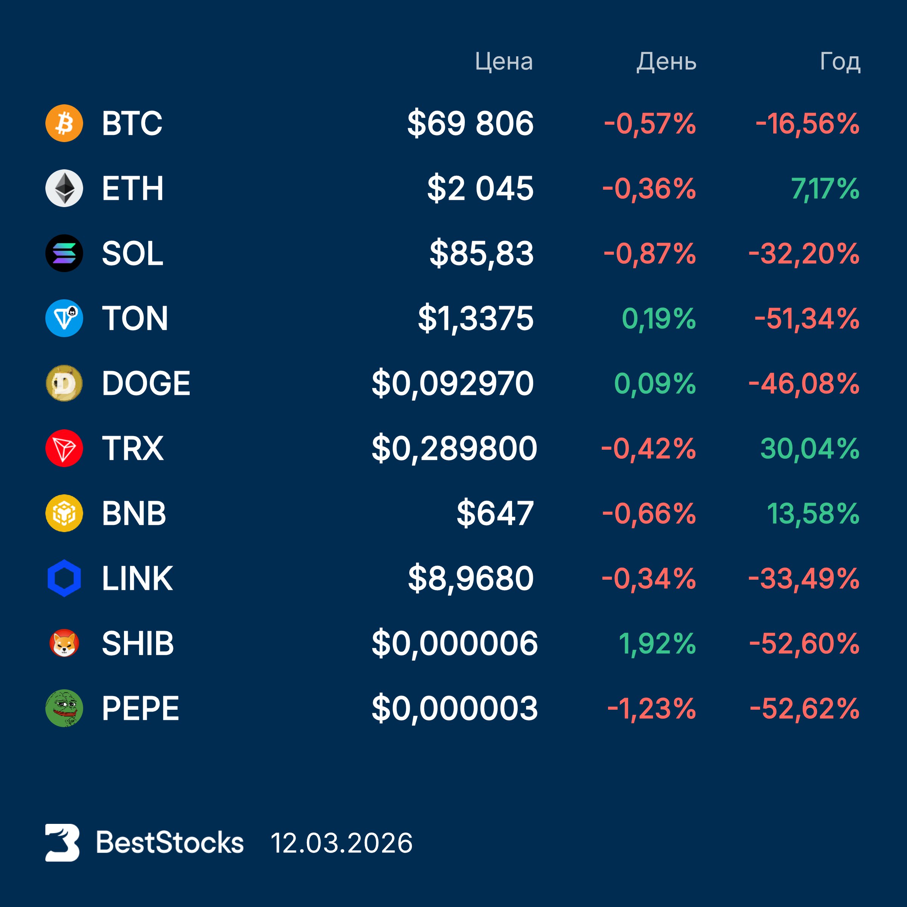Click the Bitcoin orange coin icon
click(64, 124)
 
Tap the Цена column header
click(503, 62)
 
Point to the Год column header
click(840, 62)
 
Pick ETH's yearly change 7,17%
click(825, 189)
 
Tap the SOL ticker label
click(132, 254)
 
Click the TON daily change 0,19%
click(658, 319)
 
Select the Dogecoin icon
click(64, 383)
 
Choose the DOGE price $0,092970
click(453, 384)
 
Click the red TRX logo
click(64, 448)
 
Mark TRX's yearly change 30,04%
click(809, 448)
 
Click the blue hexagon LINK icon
click(64, 578)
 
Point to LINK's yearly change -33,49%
click(804, 578)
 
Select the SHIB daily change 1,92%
click(657, 643)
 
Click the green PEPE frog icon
click(64, 708)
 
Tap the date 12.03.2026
click(341, 843)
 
